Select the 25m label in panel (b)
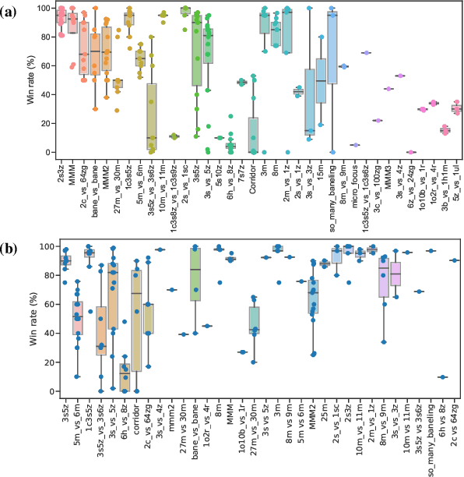(324, 410)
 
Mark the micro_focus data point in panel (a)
(355, 145)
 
